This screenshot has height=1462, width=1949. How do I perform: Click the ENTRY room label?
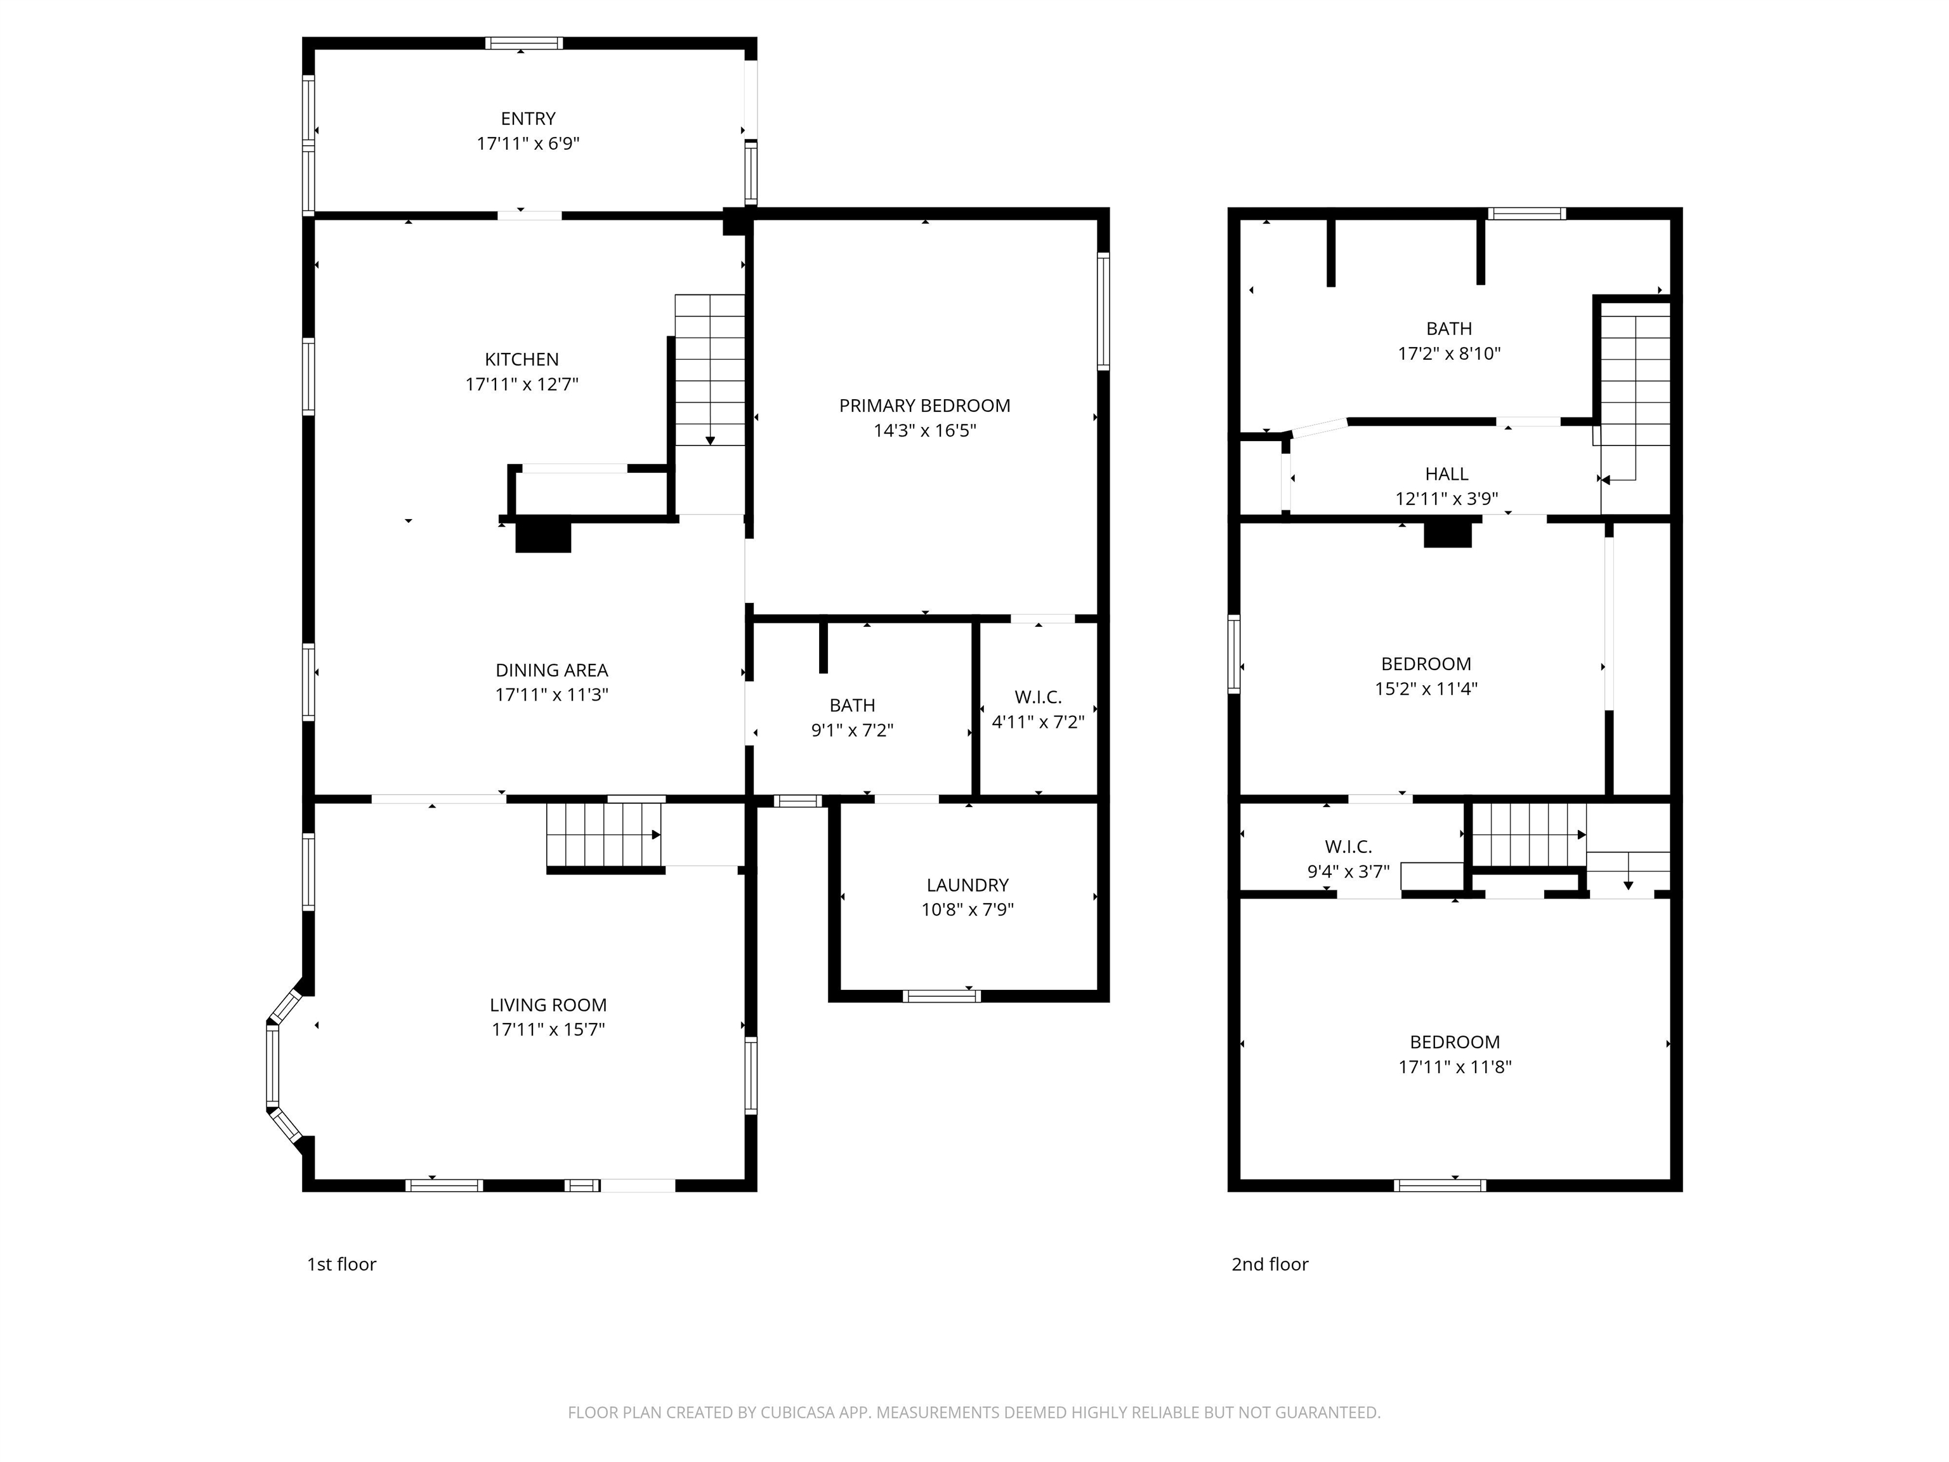[x=528, y=118]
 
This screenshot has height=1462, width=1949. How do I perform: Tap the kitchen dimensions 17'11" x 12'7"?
[x=522, y=385]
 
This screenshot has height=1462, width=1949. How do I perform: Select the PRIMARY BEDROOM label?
[x=924, y=405]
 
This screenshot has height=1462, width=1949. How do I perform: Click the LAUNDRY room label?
[x=968, y=885]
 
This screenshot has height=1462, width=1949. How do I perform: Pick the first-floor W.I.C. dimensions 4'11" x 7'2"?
[x=1038, y=721]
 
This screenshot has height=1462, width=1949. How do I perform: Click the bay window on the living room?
[x=274, y=1065]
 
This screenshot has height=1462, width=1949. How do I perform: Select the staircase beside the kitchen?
[x=709, y=370]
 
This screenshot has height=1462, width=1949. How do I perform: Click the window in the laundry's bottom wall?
[x=941, y=996]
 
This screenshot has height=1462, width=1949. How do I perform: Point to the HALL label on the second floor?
[x=1447, y=474]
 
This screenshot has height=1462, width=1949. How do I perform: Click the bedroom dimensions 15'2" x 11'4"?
[x=1426, y=688]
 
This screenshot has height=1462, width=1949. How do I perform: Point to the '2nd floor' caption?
[x=1270, y=1264]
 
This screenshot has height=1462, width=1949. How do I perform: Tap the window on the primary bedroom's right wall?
[x=1103, y=310]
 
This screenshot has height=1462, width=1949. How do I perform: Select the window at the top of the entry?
[x=523, y=43]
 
